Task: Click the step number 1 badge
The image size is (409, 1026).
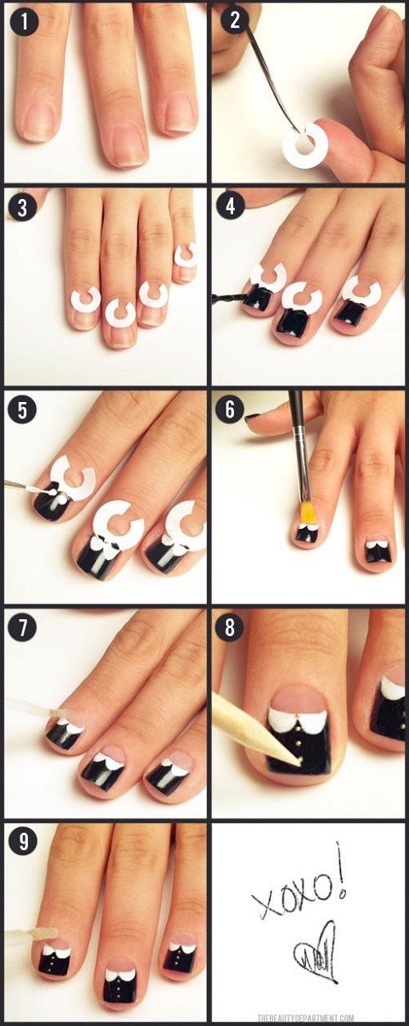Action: pyautogui.click(x=24, y=23)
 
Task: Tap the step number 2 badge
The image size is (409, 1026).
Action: pyautogui.click(x=234, y=20)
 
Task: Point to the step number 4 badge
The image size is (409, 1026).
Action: pyautogui.click(x=231, y=206)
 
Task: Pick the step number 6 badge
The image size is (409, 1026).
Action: pyautogui.click(x=231, y=409)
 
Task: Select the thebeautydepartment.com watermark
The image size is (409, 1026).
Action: pyautogui.click(x=306, y=1018)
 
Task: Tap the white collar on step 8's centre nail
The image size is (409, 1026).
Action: pyautogui.click(x=297, y=720)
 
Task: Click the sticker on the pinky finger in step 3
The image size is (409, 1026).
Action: pyautogui.click(x=186, y=255)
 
